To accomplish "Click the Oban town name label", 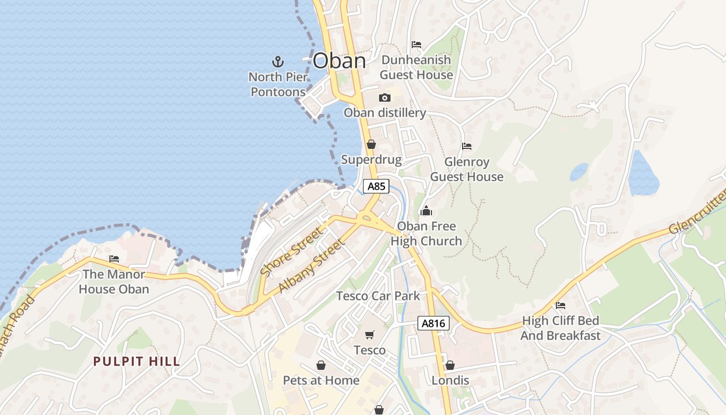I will [x=340, y=61].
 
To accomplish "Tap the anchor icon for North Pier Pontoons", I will [x=278, y=62].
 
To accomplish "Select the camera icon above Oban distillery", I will [x=384, y=98].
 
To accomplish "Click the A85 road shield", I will [x=376, y=186].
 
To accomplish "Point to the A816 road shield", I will [x=433, y=324].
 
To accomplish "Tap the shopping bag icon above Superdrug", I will [x=371, y=144].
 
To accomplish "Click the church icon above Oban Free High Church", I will [x=426, y=211].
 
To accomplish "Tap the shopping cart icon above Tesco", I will [x=369, y=335].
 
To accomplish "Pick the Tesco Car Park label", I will [x=378, y=296].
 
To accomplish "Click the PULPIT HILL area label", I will [x=136, y=362].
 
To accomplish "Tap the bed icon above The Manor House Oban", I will [x=114, y=259].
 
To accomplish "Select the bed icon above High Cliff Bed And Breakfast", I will [x=560, y=306].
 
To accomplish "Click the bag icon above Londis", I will [x=450, y=365].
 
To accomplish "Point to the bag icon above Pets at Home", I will [x=321, y=365].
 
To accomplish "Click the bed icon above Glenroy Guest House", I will [x=467, y=146].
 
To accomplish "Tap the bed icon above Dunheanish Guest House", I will [x=416, y=45].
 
